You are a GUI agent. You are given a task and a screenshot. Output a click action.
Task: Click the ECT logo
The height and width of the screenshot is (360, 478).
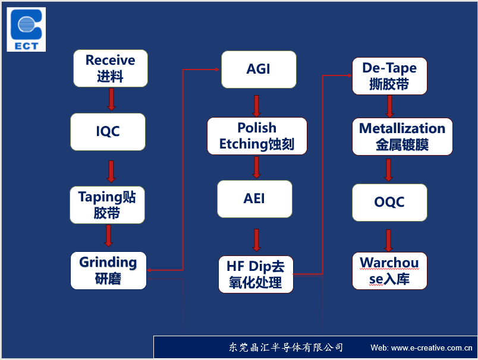(26, 30)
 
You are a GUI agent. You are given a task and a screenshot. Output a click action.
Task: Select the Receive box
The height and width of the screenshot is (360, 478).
(111, 68)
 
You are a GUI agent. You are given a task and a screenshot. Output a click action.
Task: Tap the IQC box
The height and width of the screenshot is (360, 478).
(108, 132)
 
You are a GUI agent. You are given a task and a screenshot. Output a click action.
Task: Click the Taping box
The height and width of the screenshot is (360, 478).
(107, 205)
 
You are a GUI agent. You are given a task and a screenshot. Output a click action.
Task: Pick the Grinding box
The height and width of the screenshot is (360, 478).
(109, 270)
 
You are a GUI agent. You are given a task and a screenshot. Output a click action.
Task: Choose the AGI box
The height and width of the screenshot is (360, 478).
(259, 70)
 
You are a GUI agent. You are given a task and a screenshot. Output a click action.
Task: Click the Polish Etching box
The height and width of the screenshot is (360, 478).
(257, 136)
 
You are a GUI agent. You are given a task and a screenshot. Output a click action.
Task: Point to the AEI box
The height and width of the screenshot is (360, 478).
(254, 199)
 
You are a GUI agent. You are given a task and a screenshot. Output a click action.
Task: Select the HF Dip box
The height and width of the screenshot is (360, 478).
(256, 274)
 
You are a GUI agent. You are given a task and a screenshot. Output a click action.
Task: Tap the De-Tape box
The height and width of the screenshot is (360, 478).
(389, 76)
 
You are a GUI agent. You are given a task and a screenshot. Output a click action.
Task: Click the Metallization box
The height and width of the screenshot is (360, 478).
(402, 137)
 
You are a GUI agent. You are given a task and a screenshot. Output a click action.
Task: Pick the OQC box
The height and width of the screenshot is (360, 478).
(389, 203)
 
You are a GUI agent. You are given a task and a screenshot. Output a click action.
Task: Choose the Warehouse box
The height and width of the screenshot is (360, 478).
(389, 271)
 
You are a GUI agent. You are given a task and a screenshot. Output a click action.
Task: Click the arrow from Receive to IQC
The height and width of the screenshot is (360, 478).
(112, 99)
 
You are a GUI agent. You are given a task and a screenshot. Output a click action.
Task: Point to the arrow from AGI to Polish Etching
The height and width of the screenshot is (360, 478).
(257, 106)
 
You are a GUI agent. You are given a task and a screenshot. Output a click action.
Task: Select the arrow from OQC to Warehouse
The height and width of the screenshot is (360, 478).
(388, 241)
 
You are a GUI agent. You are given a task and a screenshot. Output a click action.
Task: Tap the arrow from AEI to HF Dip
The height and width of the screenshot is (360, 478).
(257, 240)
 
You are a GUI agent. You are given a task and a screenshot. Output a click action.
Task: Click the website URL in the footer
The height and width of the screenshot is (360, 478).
(422, 348)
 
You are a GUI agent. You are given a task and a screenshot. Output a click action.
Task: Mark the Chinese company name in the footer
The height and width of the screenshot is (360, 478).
(286, 347)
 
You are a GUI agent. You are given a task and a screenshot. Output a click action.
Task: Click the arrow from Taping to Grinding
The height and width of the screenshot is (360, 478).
(109, 236)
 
